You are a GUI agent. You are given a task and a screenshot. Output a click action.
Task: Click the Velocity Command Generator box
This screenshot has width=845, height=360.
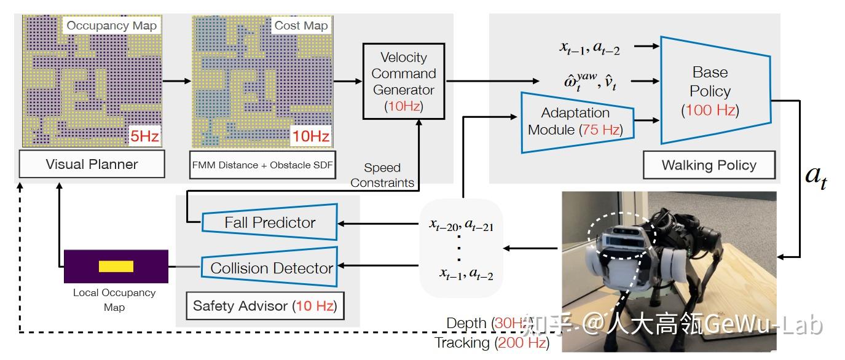(x=403, y=81)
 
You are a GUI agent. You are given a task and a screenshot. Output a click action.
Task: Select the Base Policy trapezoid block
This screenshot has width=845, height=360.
(x=713, y=90)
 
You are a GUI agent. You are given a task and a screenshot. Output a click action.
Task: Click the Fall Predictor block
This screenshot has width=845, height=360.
(x=269, y=222)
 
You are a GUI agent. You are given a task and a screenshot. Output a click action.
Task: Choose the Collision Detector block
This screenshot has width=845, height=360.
(x=270, y=268)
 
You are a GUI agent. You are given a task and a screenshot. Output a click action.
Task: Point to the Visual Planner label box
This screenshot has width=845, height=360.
(x=92, y=164)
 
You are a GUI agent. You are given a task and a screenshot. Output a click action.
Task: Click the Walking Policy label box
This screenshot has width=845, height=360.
(x=709, y=165)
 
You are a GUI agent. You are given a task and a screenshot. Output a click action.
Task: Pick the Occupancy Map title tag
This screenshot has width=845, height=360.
(x=111, y=25)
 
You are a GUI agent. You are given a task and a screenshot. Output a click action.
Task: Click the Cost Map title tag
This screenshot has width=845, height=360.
(x=301, y=25)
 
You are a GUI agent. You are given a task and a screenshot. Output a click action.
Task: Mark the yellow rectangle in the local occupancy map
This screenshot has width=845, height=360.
(x=116, y=266)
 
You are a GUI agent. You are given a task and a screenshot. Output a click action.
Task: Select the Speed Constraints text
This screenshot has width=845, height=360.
(x=382, y=175)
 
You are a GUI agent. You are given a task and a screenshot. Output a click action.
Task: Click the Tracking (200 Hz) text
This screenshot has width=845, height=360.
(x=491, y=343)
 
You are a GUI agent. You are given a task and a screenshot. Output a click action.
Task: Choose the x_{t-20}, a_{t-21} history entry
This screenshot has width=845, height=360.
(x=461, y=225)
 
